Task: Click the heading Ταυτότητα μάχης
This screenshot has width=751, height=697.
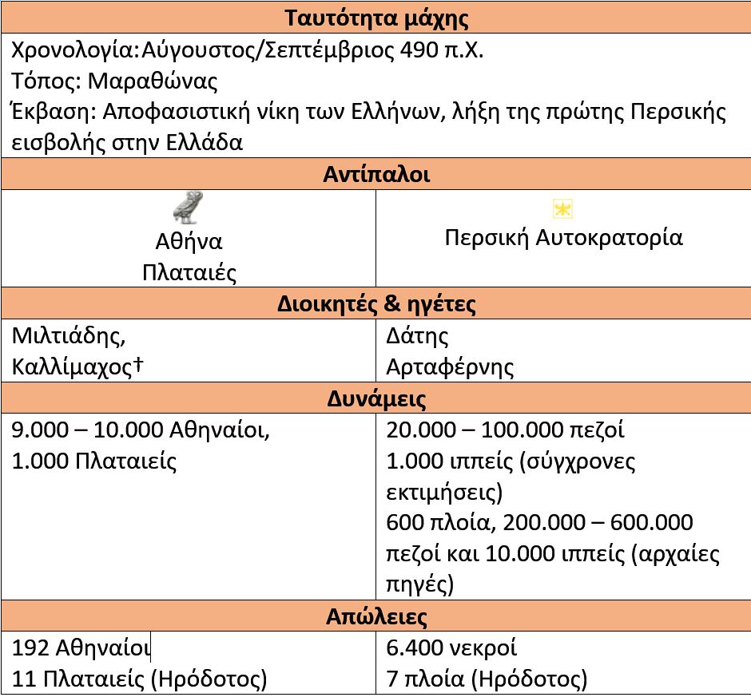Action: click(376, 18)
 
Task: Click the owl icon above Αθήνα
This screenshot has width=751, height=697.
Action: click(189, 207)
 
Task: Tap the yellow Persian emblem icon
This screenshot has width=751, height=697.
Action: click(563, 209)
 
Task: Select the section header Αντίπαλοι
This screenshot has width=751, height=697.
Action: click(376, 174)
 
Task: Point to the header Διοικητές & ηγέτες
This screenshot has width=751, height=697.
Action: click(376, 304)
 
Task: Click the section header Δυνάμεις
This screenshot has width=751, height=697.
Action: click(376, 398)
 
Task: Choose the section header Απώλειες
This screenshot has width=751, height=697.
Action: click(376, 616)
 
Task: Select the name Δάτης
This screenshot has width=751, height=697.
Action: click(417, 335)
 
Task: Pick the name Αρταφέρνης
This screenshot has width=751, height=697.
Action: click(450, 366)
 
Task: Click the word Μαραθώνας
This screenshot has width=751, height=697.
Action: click(153, 81)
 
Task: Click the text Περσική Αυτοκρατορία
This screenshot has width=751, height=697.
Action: click(563, 238)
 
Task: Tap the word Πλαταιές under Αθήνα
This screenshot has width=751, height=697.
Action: click(189, 272)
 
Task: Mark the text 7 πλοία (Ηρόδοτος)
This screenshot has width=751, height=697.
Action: click(487, 679)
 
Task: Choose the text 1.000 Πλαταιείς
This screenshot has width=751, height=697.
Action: click(94, 461)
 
